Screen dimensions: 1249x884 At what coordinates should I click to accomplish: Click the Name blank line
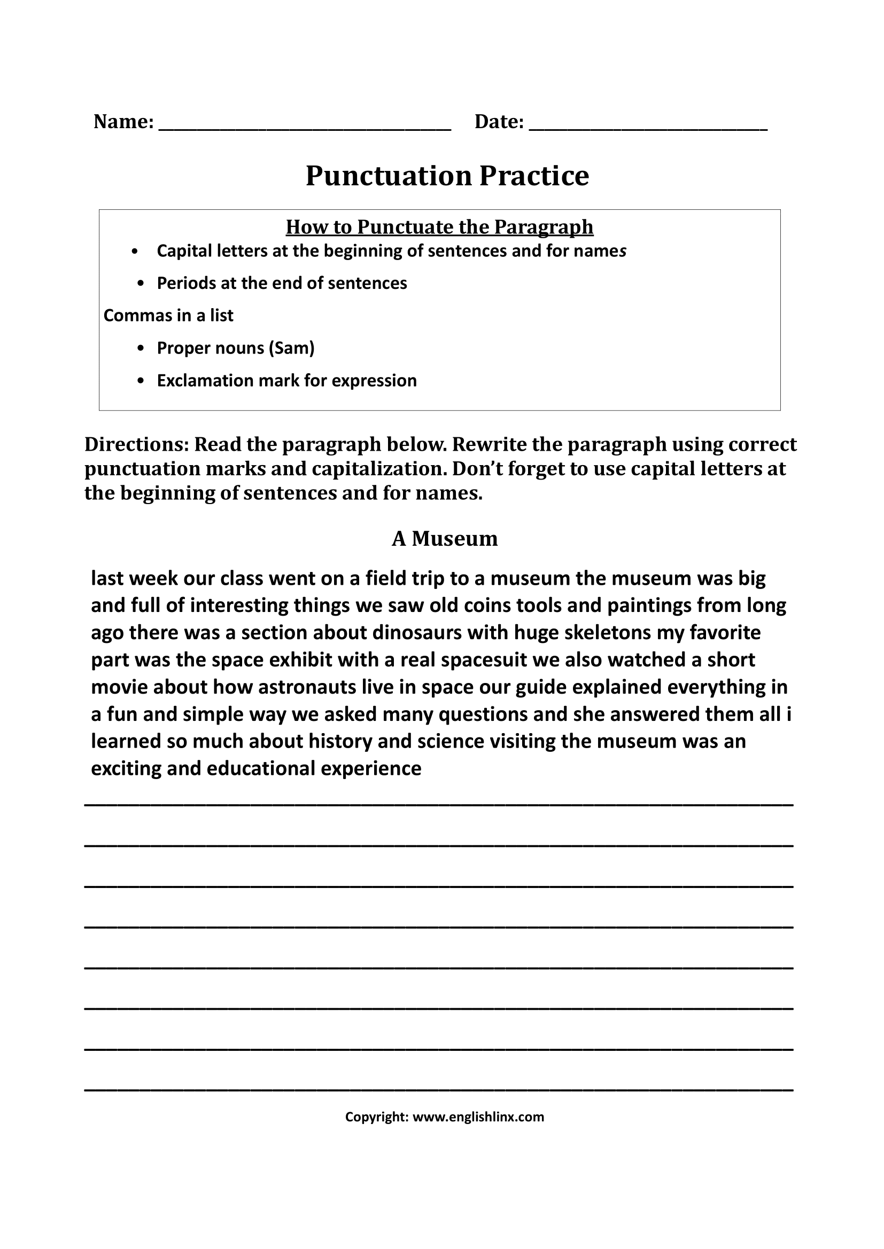coord(305,126)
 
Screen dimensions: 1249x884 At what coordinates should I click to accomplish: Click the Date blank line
coord(648,126)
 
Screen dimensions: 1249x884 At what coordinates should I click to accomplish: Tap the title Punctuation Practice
coord(447,176)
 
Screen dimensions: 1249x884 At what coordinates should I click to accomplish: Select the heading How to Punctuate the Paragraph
coord(439,226)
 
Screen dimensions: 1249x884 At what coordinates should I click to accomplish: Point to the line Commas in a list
coord(168,316)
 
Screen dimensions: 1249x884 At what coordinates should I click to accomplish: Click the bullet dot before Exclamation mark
coord(141,381)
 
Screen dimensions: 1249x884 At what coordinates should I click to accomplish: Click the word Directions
coord(136,444)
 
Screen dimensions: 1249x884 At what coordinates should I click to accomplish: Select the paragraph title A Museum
coord(445,539)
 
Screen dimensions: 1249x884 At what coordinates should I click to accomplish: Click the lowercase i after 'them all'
coord(789,714)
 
